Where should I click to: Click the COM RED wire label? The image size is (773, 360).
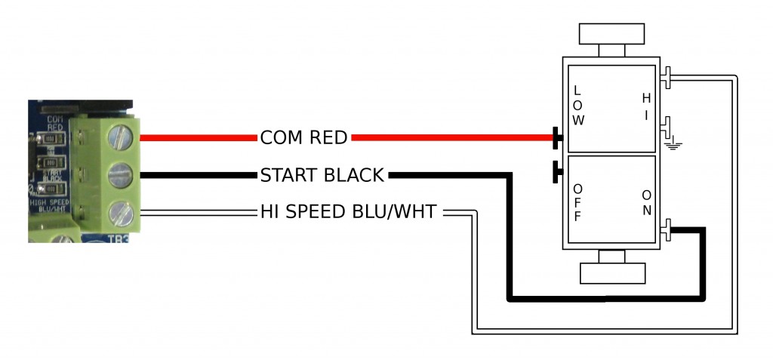tap(303, 138)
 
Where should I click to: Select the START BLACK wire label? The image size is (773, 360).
tap(322, 176)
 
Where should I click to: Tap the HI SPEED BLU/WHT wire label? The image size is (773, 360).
tap(348, 213)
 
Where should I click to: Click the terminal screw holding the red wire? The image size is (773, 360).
tap(121, 137)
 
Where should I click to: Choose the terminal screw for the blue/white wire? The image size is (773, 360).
tap(121, 214)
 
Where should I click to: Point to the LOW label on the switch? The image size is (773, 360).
tap(578, 106)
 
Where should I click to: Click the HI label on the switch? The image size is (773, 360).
tap(645, 106)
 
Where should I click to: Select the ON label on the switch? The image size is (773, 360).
tap(646, 202)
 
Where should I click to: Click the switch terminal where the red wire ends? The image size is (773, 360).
tap(557, 138)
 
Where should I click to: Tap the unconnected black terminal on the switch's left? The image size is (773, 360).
tap(557, 171)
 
